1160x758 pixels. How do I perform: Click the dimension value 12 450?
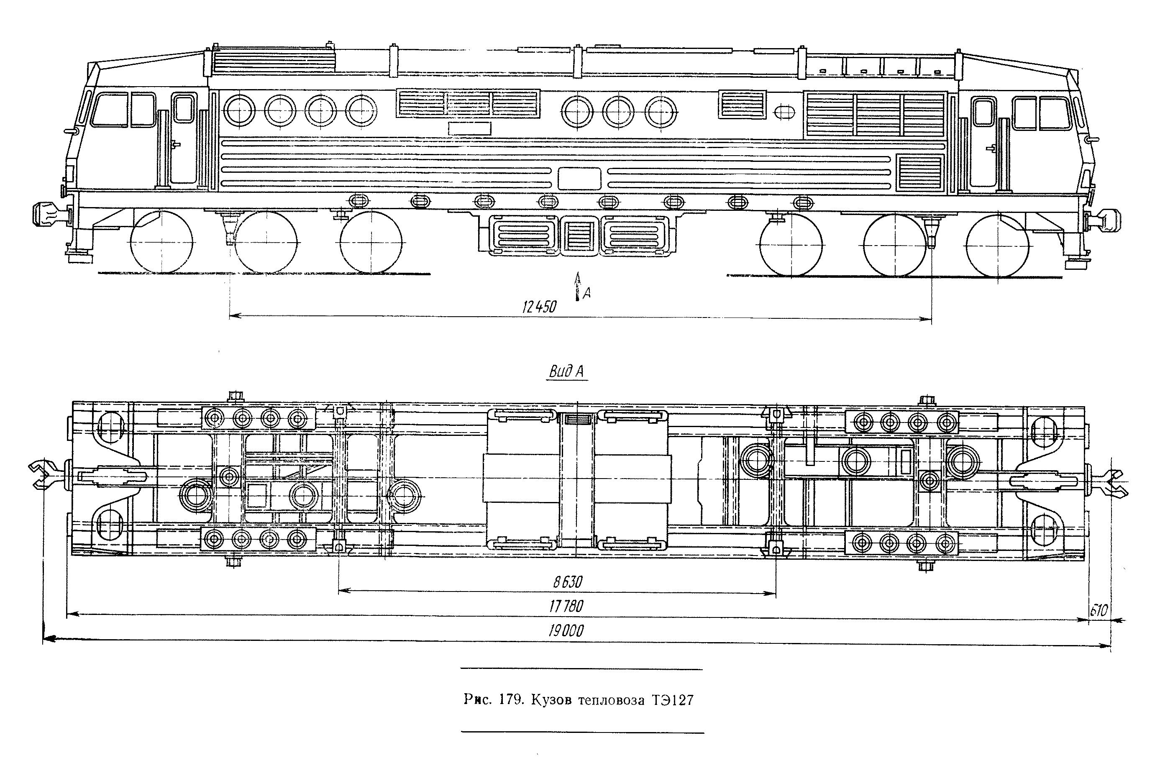539,307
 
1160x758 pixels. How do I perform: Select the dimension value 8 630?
568,581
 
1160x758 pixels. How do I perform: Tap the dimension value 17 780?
566,606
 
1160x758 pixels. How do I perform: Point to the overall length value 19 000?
566,631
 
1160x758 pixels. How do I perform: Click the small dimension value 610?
1099,610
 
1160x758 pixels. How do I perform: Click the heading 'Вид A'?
566,372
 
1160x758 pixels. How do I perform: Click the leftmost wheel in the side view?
162,242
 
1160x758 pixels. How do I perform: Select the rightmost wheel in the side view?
998,245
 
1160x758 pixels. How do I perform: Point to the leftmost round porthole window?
239,110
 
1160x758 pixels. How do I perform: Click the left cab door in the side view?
183,139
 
